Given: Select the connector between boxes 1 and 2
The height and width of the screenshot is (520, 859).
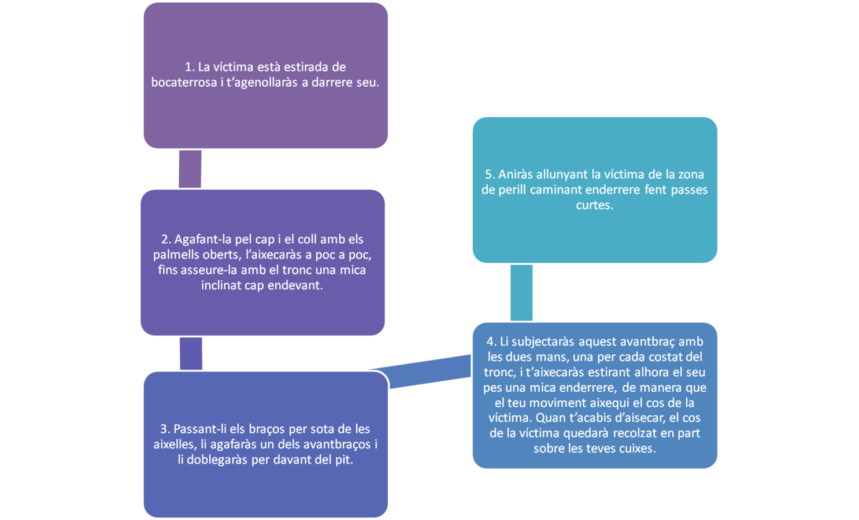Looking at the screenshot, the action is pyautogui.click(x=190, y=169).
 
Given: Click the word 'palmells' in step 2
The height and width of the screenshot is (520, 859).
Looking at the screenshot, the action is pyautogui.click(x=176, y=255).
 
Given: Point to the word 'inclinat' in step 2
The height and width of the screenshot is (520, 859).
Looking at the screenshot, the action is pyautogui.click(x=221, y=285).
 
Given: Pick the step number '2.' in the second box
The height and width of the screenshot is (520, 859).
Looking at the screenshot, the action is pyautogui.click(x=166, y=239).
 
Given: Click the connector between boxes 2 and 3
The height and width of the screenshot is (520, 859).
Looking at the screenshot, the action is pyautogui.click(x=191, y=354).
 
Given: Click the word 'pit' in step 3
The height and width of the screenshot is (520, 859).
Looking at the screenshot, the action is pyautogui.click(x=343, y=460).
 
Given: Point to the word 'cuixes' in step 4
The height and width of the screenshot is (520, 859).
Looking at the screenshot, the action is pyautogui.click(x=637, y=448).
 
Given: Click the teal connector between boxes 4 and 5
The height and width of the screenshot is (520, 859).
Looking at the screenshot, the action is pyautogui.click(x=521, y=292).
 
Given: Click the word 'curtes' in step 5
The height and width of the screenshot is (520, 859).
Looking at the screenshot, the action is pyautogui.click(x=593, y=205).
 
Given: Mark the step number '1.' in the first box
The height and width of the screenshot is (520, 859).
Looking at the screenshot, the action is pyautogui.click(x=190, y=67).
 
